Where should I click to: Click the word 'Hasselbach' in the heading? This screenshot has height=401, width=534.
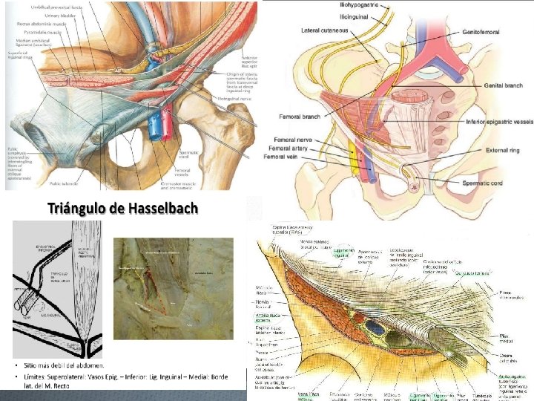click(x=160, y=208)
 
